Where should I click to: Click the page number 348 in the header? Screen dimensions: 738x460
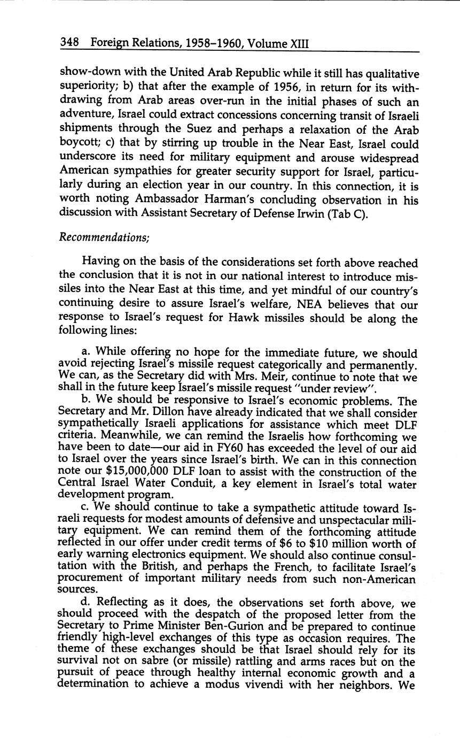pyautogui.click(x=69, y=42)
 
